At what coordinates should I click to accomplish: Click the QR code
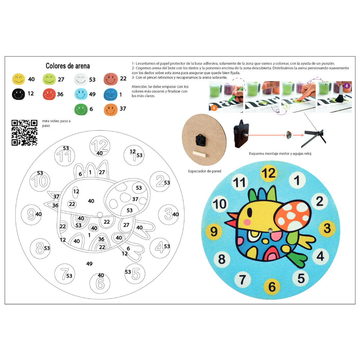click(x=24, y=132)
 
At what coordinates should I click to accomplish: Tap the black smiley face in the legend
click(x=18, y=94)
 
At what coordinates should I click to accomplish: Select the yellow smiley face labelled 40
click(x=19, y=79)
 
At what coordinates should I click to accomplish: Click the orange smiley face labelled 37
click(x=111, y=109)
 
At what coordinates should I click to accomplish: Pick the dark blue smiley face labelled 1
click(x=111, y=94)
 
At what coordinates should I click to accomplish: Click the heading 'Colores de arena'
click(x=68, y=66)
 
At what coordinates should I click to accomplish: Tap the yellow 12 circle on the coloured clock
click(x=269, y=173)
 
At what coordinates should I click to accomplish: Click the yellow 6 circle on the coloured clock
click(x=272, y=286)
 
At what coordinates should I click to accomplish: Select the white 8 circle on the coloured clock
click(x=222, y=259)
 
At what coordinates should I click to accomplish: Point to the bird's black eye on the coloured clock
click(x=249, y=213)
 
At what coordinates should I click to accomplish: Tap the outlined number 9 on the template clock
click(x=31, y=214)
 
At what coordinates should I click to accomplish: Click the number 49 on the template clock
click(x=89, y=264)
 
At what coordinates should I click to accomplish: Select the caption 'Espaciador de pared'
click(x=204, y=171)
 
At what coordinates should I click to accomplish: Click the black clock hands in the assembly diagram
click(x=314, y=136)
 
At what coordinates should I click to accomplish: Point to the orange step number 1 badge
click(x=214, y=108)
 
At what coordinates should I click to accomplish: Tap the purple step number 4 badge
click(x=346, y=86)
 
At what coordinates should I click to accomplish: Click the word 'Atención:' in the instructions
click(x=139, y=86)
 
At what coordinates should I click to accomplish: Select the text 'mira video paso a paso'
click(x=56, y=123)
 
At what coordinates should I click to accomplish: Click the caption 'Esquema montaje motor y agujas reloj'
click(x=280, y=154)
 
